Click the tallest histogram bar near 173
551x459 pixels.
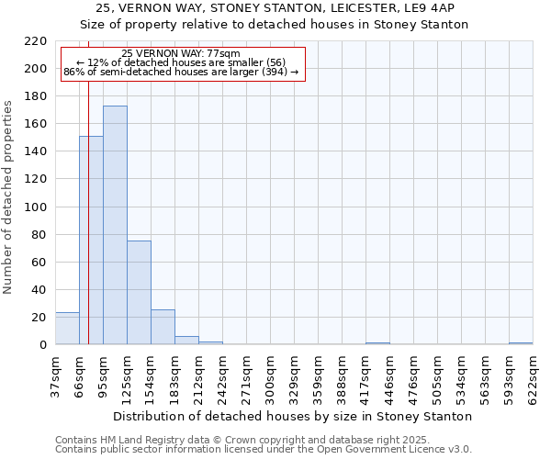point(115,225)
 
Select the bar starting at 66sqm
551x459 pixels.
point(91,241)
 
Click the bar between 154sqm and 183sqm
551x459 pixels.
point(163,327)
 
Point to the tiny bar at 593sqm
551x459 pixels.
point(521,343)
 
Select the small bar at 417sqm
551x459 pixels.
point(377,343)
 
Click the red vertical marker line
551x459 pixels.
point(88,202)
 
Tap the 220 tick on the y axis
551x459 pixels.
point(36,41)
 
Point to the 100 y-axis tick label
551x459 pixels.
point(36,207)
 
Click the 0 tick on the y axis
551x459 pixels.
point(43,345)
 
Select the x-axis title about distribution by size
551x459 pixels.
point(294,416)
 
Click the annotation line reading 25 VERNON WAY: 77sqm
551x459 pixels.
point(181,54)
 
